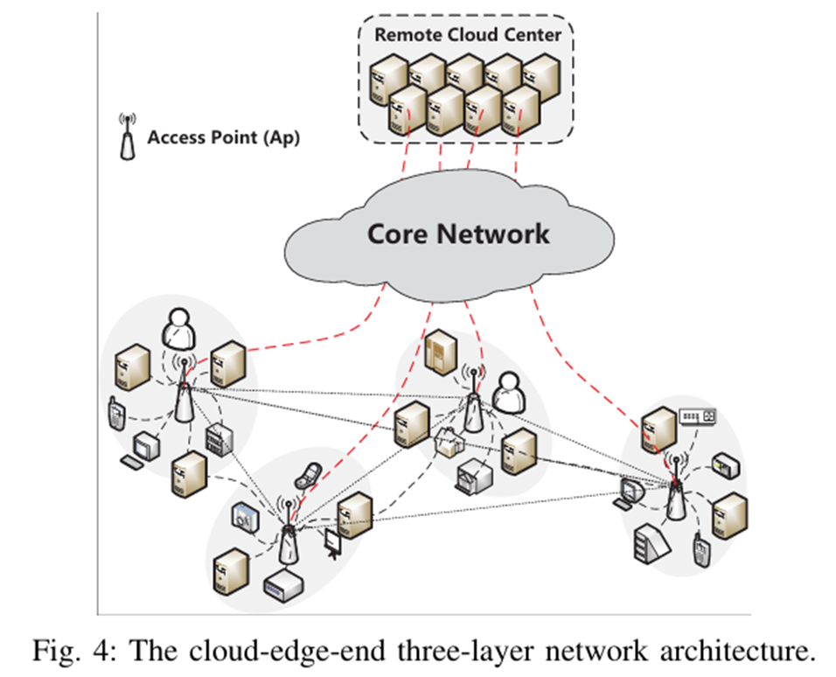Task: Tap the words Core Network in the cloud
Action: pos(458,234)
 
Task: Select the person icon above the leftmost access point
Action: pos(178,328)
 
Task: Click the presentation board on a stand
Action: pos(333,543)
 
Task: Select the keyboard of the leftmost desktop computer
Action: pos(135,461)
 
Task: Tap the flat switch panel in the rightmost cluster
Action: pos(698,416)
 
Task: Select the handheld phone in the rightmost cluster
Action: pos(700,550)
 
